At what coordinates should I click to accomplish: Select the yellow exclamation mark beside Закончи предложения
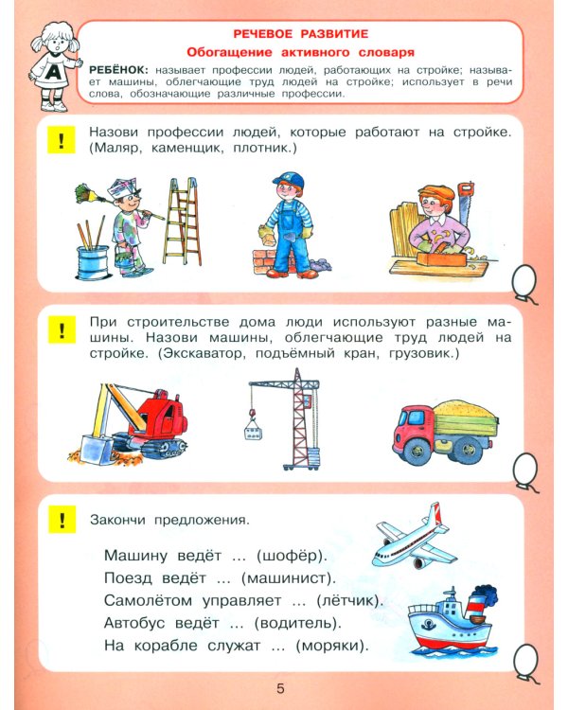[x=62, y=520]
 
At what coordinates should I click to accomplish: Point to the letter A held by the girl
[x=53, y=72]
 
